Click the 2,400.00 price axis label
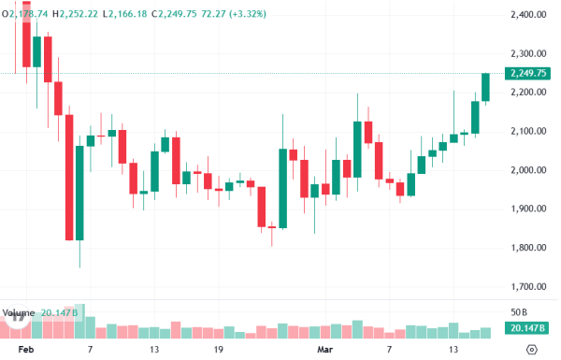pyautogui.click(x=529, y=15)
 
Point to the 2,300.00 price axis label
pyautogui.click(x=529, y=53)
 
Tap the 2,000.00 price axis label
pyautogui.click(x=529, y=170)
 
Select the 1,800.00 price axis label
pyautogui.click(x=529, y=248)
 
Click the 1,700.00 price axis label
pyautogui.click(x=529, y=287)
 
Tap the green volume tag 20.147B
pyautogui.click(x=528, y=328)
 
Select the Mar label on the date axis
pyautogui.click(x=324, y=349)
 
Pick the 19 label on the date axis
pyautogui.click(x=218, y=349)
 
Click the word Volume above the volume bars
pyautogui.click(x=21, y=312)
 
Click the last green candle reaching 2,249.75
pyautogui.click(x=485, y=88)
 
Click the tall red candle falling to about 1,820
pyautogui.click(x=69, y=178)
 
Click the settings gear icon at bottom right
pyautogui.click(x=532, y=349)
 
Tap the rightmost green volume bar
pyautogui.click(x=485, y=332)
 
